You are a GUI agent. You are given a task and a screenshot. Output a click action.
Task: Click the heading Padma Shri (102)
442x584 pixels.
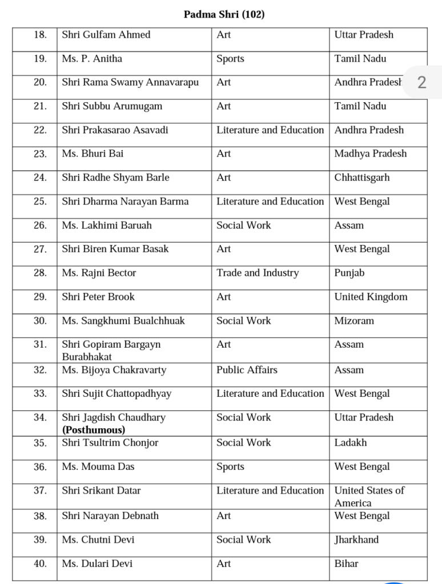click(224, 14)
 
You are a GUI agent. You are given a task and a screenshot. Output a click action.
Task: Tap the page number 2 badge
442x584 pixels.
click(421, 82)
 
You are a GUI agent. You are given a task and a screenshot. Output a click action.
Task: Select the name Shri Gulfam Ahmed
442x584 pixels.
click(106, 35)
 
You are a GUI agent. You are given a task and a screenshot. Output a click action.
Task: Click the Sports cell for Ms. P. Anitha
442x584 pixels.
click(230, 59)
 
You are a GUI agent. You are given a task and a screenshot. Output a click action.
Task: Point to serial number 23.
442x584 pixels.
click(40, 154)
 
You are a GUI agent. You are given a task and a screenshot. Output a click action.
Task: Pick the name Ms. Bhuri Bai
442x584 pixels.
click(93, 154)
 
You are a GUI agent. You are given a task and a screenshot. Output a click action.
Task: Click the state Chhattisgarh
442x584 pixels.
click(362, 178)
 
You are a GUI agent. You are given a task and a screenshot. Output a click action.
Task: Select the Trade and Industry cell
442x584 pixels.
click(257, 273)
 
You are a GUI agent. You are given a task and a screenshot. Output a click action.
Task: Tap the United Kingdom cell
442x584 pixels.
click(371, 297)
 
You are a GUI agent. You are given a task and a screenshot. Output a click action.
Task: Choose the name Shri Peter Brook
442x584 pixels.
click(98, 297)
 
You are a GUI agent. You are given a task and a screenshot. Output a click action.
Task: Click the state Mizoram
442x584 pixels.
click(354, 321)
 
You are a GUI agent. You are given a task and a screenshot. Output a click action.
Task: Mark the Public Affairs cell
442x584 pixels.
click(247, 370)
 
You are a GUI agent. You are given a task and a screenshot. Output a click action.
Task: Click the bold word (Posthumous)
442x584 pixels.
click(94, 430)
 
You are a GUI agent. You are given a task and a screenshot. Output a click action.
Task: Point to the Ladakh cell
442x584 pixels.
click(351, 442)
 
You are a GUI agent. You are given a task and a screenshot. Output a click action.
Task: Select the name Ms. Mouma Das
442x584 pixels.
click(98, 466)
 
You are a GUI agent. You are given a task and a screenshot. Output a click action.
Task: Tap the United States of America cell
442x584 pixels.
click(369, 496)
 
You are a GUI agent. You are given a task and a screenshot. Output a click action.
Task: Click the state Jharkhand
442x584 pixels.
click(356, 539)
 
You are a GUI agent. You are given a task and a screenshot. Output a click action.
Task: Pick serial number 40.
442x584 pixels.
click(40, 563)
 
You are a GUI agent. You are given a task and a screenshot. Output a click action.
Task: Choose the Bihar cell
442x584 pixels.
click(346, 563)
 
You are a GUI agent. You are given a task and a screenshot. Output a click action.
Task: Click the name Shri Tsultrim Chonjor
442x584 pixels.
click(110, 442)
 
